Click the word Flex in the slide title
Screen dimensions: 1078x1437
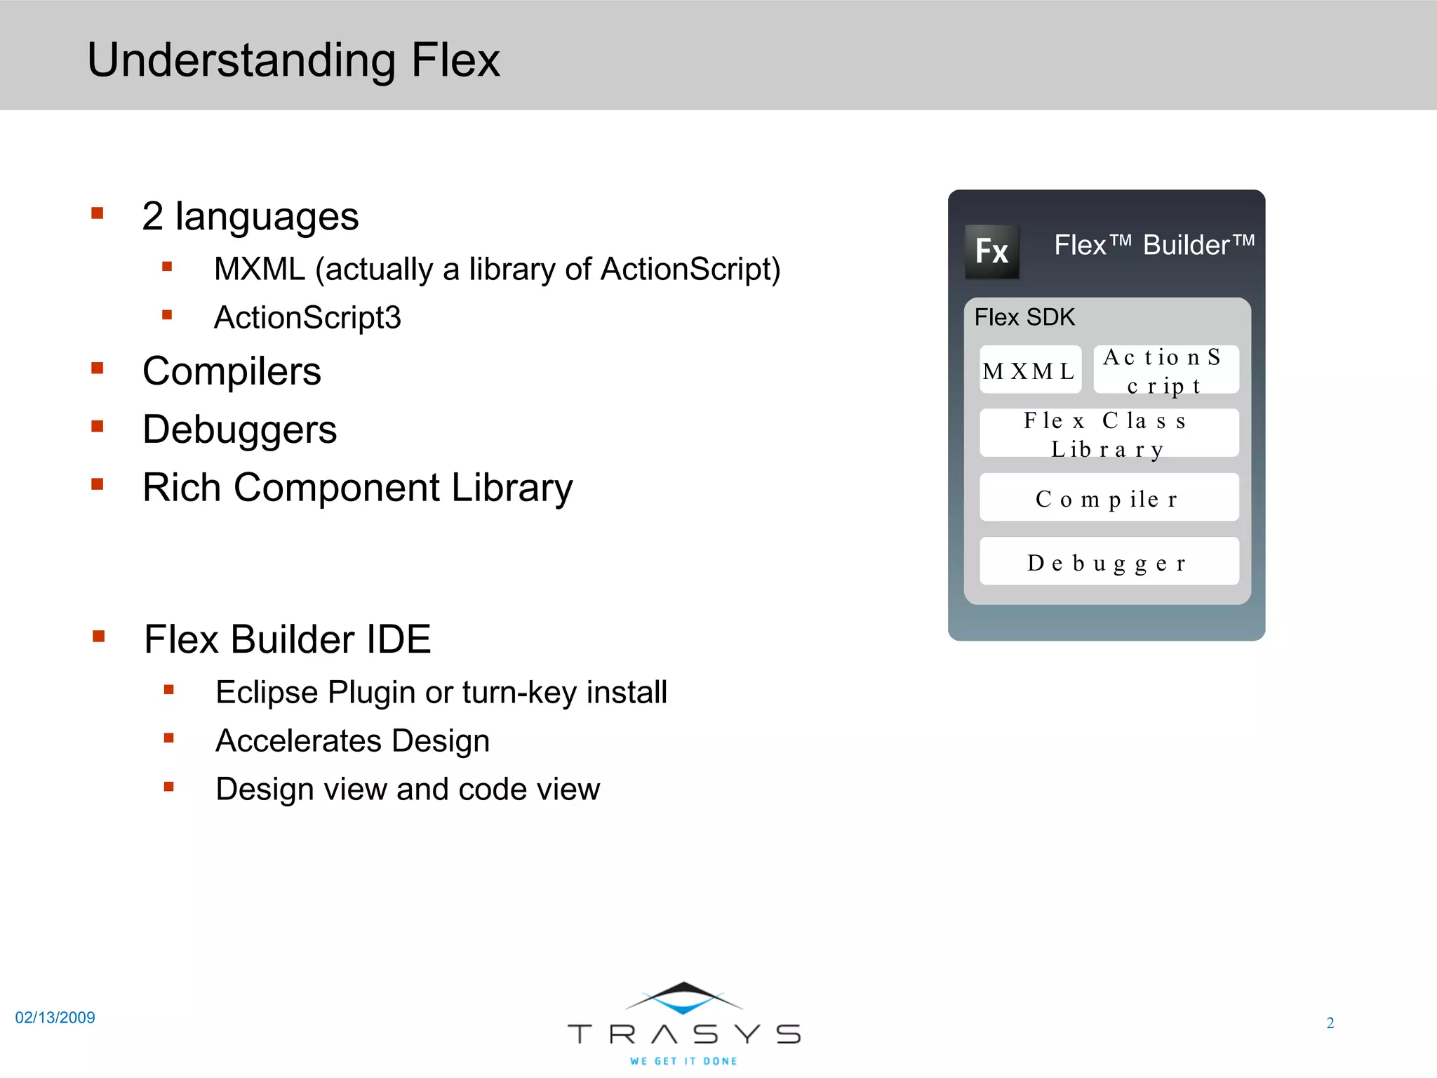[x=455, y=60]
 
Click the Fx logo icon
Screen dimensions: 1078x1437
[x=991, y=251]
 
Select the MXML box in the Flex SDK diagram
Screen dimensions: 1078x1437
[x=1030, y=370]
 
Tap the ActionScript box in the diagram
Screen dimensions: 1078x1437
[x=1165, y=370]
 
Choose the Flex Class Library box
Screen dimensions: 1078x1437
[x=1109, y=434]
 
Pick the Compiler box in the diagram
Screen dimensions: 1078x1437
[x=1109, y=498]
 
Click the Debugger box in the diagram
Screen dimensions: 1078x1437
[x=1109, y=561]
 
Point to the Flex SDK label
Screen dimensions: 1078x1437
[x=1024, y=317]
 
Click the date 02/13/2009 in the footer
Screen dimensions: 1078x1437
[x=55, y=1018]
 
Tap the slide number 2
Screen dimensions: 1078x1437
[x=1330, y=1023]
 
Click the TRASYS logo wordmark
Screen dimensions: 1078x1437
[x=684, y=1033]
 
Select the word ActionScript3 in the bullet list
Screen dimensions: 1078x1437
[x=307, y=317]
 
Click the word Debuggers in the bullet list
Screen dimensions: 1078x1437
[x=239, y=430]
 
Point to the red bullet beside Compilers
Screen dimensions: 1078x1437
[x=98, y=368]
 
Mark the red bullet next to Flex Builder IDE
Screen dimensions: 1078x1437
[x=99, y=637]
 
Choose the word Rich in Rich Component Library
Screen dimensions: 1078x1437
[x=182, y=487]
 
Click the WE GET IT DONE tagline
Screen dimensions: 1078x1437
[x=683, y=1061]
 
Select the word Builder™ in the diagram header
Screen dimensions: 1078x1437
[x=1198, y=245]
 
